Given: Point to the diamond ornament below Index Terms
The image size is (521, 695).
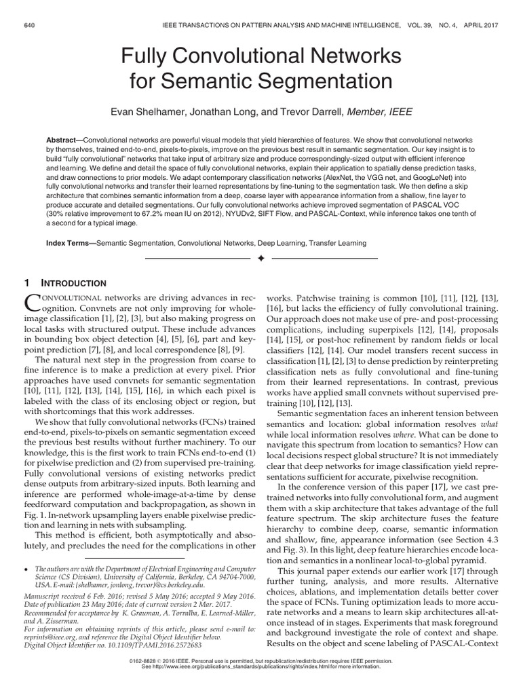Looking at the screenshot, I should pyautogui.click(x=260, y=259).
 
